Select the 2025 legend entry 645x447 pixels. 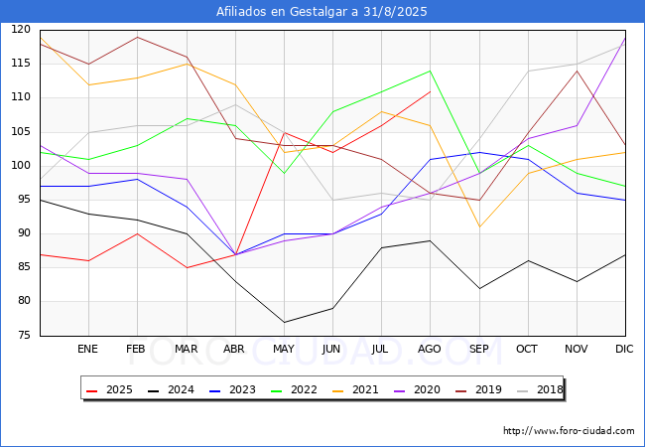point(109,389)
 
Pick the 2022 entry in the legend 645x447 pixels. point(294,389)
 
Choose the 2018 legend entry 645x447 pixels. point(540,389)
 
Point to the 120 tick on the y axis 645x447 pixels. point(21,29)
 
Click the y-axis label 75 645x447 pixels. point(24,335)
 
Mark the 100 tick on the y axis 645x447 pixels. point(21,166)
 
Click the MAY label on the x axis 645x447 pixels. point(284,349)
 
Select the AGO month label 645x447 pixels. point(430,349)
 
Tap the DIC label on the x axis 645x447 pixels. point(624,349)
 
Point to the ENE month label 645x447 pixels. point(87,349)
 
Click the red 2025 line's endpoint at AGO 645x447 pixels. point(430,91)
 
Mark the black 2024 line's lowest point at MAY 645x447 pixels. point(284,322)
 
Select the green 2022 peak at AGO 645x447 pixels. point(430,71)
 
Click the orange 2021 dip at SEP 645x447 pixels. point(479,226)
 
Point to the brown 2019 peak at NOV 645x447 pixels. point(577,71)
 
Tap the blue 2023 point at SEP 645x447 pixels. point(479,152)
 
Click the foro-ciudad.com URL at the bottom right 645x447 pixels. point(569,431)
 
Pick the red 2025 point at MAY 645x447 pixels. point(284,132)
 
